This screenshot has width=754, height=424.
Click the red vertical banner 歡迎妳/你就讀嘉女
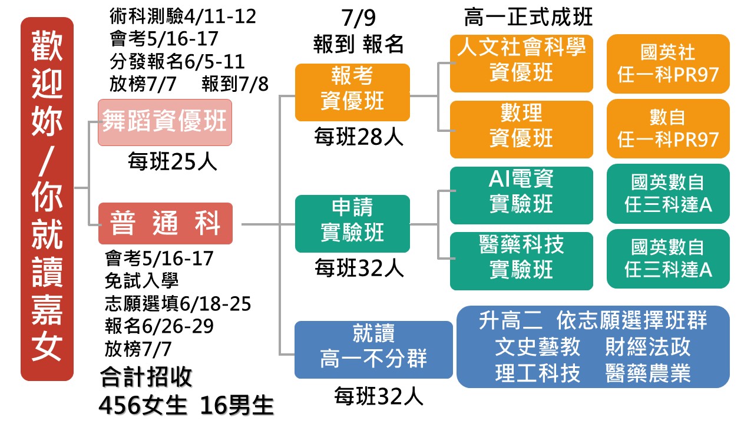tap(47, 199)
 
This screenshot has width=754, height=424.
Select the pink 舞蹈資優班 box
tap(165, 122)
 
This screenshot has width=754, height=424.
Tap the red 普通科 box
tap(165, 224)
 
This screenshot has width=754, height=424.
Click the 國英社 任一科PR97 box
tap(668, 64)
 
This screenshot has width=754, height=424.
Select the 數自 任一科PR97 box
tap(668, 128)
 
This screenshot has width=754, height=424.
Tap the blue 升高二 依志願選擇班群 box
tap(593, 347)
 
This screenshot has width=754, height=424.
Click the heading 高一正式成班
tap(528, 18)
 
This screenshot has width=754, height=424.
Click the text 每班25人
tap(173, 160)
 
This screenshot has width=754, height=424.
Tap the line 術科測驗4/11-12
tap(183, 16)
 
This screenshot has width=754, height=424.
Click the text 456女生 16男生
tap(186, 406)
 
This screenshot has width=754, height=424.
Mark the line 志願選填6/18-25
tap(178, 304)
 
